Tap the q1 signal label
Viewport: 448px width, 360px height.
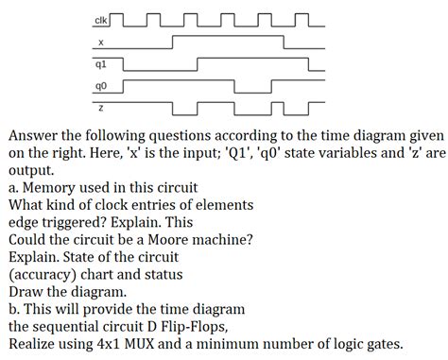point(100,64)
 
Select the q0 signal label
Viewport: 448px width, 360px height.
point(100,86)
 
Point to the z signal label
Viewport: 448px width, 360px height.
point(100,107)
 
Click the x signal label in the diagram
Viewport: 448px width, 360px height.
point(100,43)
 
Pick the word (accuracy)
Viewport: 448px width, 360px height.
point(45,274)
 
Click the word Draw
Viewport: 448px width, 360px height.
point(28,291)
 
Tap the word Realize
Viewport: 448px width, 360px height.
point(34,344)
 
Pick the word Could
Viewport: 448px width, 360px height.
point(29,239)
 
